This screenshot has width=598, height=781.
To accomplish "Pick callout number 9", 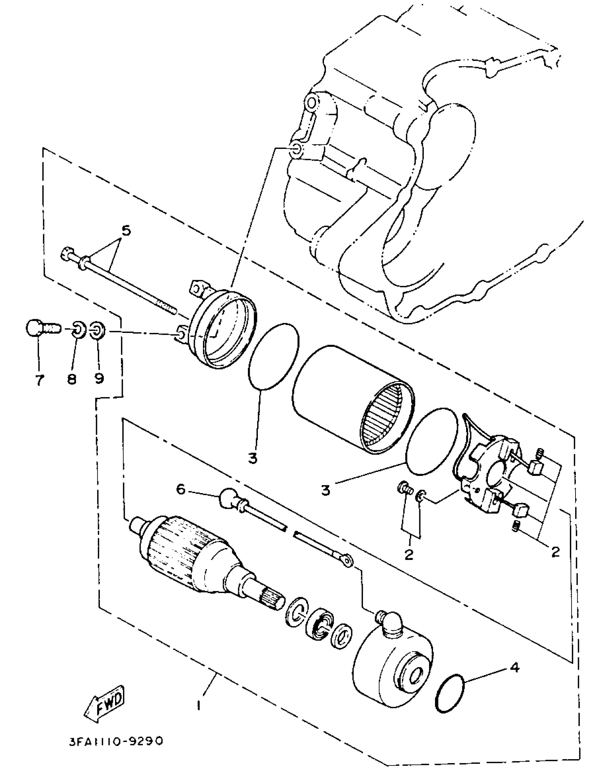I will pos(99,379).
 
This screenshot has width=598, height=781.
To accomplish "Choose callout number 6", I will pos(181,490).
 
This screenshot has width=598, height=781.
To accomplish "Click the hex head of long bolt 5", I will pos(67,253).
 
